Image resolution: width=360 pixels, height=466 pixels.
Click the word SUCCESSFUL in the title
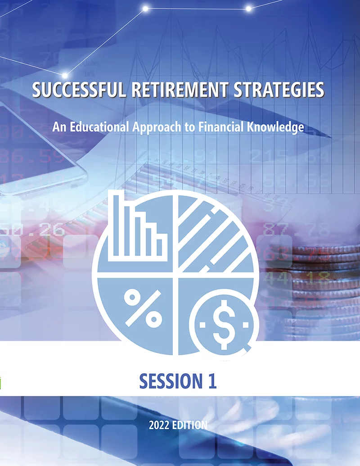coord(79,90)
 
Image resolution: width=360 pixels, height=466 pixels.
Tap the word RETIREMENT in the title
coord(180,90)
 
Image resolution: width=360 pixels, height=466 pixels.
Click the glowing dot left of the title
coord(65,75)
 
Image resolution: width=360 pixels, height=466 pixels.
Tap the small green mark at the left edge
coord(0,383)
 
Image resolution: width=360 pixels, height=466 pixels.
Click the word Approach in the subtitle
coord(157,127)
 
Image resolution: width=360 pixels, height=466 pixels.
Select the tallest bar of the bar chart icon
coord(116,225)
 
